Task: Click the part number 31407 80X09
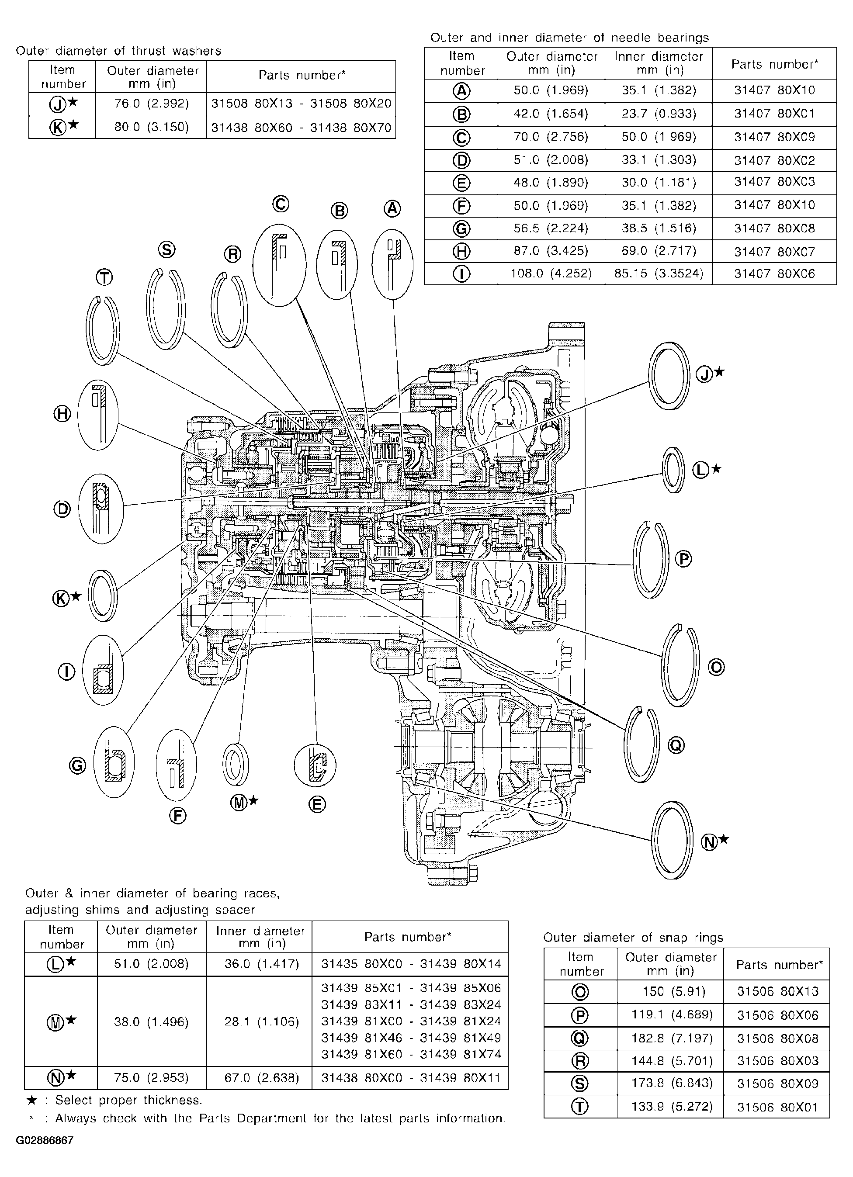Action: click(x=774, y=137)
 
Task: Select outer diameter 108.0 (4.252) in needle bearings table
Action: click(x=551, y=273)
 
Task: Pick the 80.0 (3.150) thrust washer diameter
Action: click(x=151, y=127)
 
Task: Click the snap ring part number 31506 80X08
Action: click(x=778, y=1039)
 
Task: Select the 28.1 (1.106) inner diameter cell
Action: click(x=262, y=1022)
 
